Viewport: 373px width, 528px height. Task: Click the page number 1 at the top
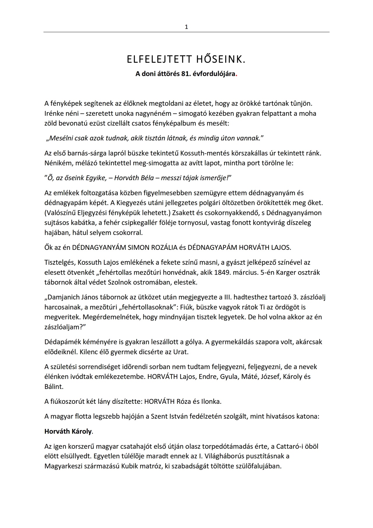pos(186,27)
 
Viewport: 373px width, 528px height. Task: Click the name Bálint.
pos(54,387)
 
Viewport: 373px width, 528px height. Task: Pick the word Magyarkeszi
pos(64,466)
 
